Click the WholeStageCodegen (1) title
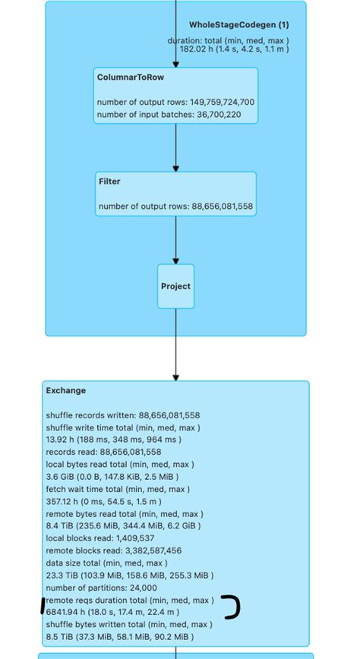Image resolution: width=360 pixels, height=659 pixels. coord(238,25)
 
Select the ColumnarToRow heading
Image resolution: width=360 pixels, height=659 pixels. coord(120,77)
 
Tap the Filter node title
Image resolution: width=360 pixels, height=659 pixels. coord(109,181)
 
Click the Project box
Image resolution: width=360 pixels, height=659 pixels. coord(175,286)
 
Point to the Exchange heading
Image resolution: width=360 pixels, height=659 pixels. coord(66,390)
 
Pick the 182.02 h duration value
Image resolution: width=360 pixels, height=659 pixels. coord(194,49)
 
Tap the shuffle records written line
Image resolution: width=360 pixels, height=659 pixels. coord(123,415)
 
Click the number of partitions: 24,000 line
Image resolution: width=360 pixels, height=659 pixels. coord(102,588)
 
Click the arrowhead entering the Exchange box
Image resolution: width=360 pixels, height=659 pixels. coord(175,377)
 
